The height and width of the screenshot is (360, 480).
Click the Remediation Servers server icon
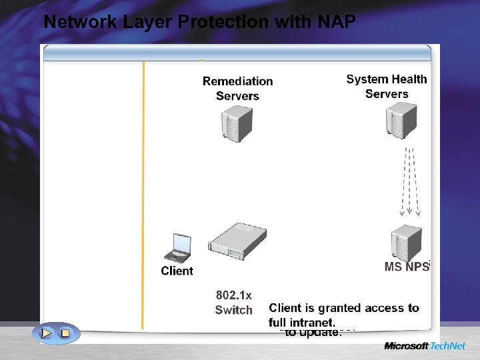(237, 122)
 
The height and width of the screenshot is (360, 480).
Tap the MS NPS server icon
(406, 241)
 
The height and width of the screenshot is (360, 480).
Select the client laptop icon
(178, 248)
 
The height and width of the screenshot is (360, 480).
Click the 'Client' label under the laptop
(177, 271)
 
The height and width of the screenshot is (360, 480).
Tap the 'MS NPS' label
(407, 267)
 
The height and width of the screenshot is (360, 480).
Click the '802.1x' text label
(233, 294)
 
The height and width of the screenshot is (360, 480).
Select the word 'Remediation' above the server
(237, 81)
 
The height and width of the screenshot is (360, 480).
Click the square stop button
(65, 332)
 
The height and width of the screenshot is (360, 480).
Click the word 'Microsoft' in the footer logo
(405, 346)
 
